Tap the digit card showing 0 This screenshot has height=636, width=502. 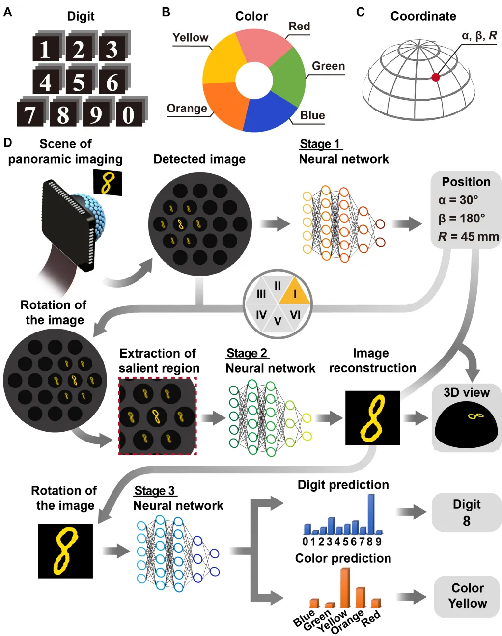(x=129, y=114)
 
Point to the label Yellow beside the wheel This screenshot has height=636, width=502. (x=190, y=38)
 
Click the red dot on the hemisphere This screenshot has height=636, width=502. (x=435, y=77)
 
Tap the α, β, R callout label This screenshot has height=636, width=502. (x=479, y=36)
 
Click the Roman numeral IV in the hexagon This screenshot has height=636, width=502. (x=261, y=315)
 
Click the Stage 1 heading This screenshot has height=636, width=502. (x=320, y=144)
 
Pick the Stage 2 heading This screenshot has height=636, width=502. (x=247, y=353)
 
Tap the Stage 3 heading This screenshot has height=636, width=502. (x=154, y=491)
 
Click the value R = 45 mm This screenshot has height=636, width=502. (x=468, y=237)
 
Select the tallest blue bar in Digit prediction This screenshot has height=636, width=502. (x=371, y=513)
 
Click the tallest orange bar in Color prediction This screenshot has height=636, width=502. (x=345, y=587)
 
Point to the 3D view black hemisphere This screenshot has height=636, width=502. (x=466, y=425)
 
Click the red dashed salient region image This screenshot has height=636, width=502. (x=158, y=416)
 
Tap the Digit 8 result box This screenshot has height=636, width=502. (x=466, y=512)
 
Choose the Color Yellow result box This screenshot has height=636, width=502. (x=467, y=596)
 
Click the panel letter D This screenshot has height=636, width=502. (x=7, y=143)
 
